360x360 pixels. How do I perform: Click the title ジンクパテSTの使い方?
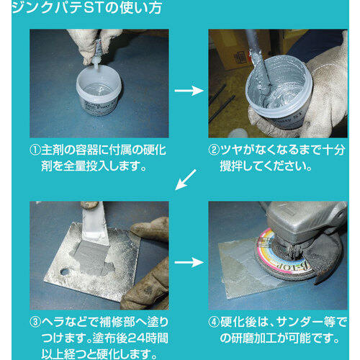coord(86,8)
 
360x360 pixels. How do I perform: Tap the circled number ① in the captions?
coord(35,150)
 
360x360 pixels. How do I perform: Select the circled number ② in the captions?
coord(214,150)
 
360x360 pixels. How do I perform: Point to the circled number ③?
coord(35,322)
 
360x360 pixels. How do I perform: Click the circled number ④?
coord(214,322)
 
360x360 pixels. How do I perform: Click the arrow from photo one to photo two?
coord(189,91)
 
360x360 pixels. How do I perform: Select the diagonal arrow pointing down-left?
coord(186,180)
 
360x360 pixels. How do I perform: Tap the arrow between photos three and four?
coord(189,262)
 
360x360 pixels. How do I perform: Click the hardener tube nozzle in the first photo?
coord(95,64)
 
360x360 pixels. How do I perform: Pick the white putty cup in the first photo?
coord(99,91)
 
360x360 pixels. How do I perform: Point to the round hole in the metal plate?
coord(65,272)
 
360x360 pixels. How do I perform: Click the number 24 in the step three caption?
coord(135,338)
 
